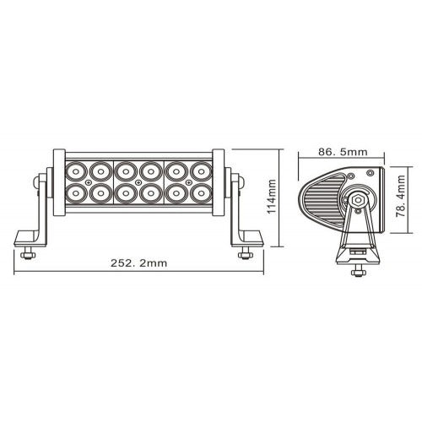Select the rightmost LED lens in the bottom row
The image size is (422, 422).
coord(203,193)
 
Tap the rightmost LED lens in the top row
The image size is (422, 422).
coord(203,171)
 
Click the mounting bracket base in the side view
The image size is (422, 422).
coord(357,254)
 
